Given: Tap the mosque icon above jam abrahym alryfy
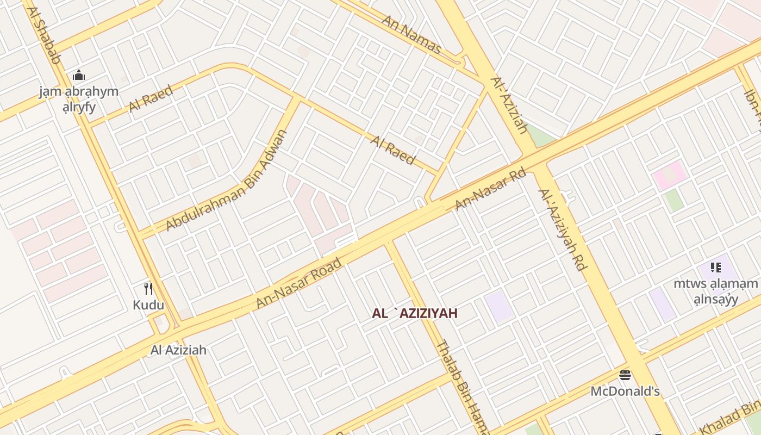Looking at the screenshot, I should tap(79, 75).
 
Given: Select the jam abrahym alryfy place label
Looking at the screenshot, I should tap(79, 98).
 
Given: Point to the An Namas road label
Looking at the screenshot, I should tap(411, 34).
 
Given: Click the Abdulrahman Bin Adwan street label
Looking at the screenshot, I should tap(226, 181).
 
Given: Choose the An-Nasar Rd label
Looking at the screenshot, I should tap(490, 190).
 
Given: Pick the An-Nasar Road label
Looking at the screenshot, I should tap(299, 283).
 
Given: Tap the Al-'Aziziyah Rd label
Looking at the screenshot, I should tap(563, 229).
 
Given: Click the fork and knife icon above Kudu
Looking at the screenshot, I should tap(148, 288).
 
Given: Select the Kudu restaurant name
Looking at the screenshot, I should tap(148, 304).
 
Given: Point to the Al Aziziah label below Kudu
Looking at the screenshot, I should tap(178, 350).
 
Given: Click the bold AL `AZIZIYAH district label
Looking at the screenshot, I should tap(415, 313).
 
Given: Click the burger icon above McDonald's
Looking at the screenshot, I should tap(625, 375).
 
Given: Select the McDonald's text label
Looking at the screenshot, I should tap(625, 391).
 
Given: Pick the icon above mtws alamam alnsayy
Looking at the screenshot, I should tap(715, 267).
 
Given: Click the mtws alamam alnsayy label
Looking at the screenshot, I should tap(715, 291).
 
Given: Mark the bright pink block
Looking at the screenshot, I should tap(670, 175).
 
